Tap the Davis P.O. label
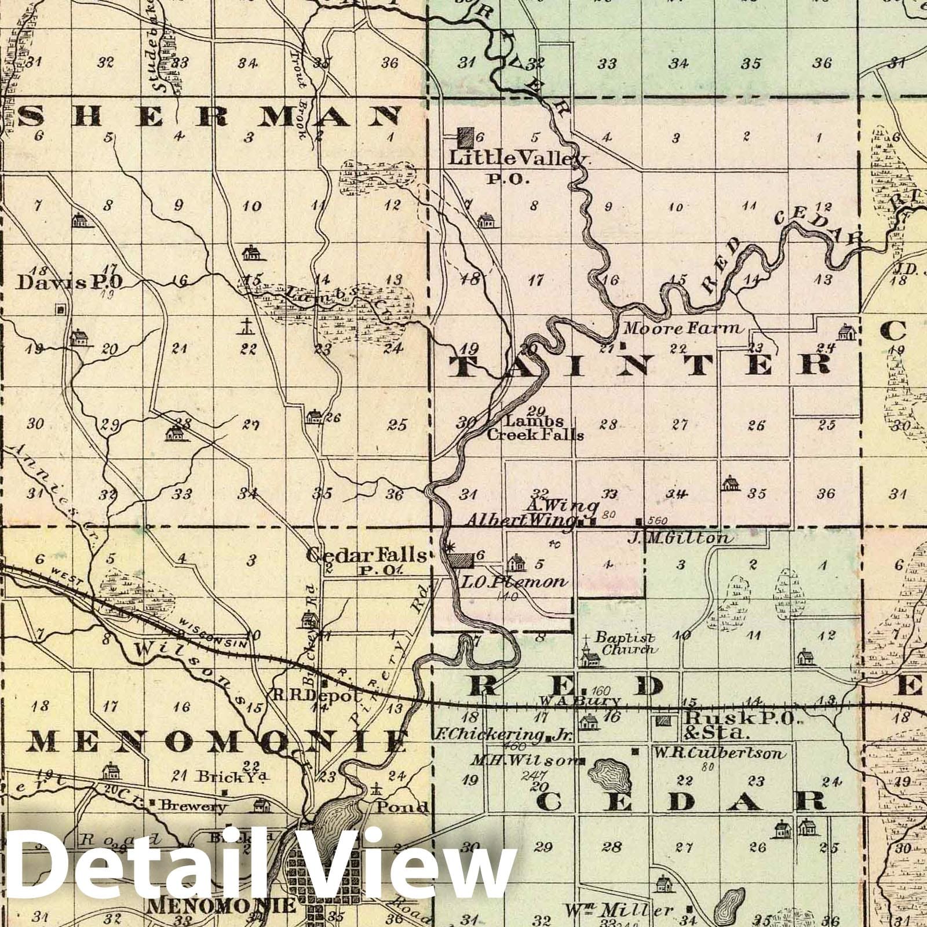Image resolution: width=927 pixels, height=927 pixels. point(69,282)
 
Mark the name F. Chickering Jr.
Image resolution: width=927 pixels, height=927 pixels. point(510,737)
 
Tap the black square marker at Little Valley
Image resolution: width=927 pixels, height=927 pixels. point(464,138)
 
